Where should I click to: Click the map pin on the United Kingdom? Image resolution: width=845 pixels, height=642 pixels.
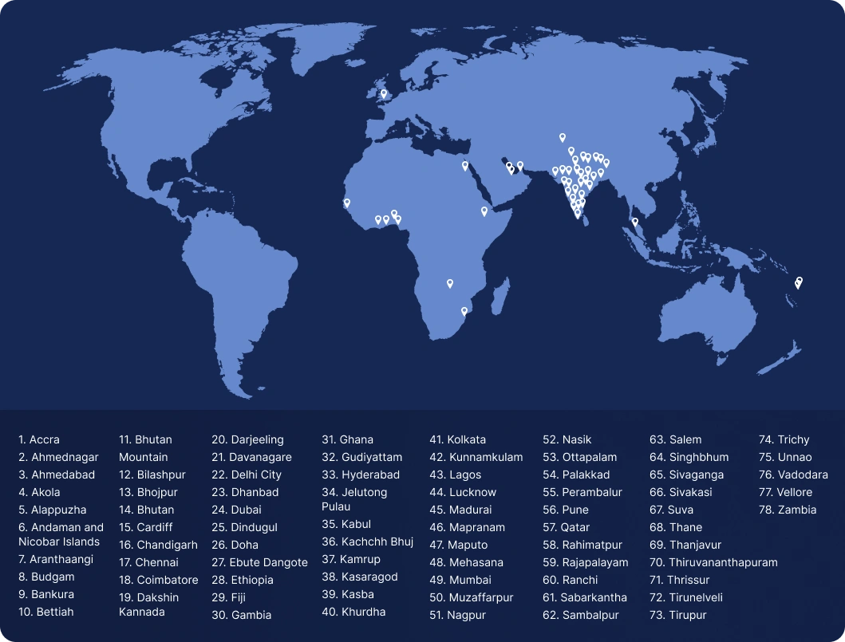point(383,93)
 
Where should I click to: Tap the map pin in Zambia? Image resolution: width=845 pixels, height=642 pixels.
point(450,283)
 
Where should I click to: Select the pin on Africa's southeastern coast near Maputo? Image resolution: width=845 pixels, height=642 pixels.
point(464,311)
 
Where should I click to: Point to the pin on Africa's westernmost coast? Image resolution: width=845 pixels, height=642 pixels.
point(347,203)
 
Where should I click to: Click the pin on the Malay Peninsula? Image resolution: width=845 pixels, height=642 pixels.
point(635,222)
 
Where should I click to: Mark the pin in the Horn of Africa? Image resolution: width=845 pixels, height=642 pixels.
point(484,211)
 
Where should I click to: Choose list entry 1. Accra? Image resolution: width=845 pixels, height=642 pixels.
point(39,439)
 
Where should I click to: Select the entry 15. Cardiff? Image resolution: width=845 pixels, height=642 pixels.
point(148,527)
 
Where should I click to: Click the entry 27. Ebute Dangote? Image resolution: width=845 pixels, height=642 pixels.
point(259,562)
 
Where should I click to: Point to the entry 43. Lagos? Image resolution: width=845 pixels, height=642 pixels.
point(456,475)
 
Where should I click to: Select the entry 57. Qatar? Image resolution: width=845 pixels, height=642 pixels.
point(567,527)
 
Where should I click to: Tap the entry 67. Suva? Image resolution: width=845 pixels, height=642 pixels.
point(671,510)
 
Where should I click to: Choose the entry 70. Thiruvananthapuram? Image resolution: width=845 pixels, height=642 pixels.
point(713,562)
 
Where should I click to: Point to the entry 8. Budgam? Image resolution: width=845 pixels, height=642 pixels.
point(46,577)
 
